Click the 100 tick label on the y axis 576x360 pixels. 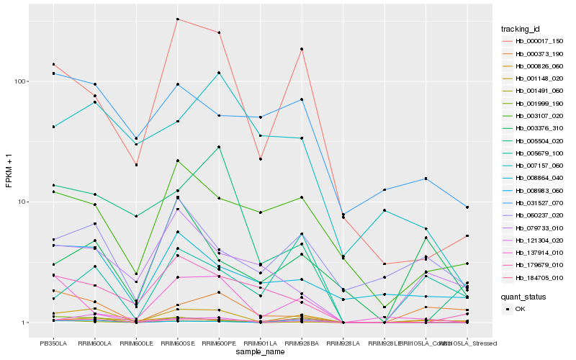pos(19,81)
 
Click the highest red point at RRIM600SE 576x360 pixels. pos(177,19)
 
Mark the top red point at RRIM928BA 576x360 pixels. pos(302,49)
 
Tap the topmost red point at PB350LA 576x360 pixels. pos(53,64)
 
